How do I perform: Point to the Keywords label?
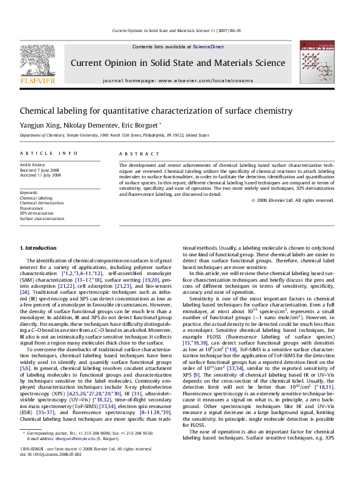30,192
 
